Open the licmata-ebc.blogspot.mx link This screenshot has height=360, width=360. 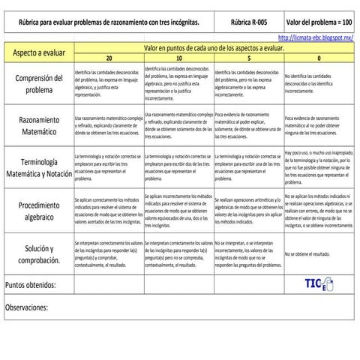(x=317, y=37)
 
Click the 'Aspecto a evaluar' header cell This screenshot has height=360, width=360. (x=37, y=52)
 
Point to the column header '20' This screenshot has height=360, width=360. (x=109, y=58)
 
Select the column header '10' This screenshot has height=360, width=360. (x=179, y=58)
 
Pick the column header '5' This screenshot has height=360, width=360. (x=250, y=58)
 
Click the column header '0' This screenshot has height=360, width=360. (x=319, y=58)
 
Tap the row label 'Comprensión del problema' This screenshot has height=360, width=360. (x=37, y=84)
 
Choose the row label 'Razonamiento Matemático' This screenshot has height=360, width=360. (x=37, y=124)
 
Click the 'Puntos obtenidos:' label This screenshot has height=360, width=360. (x=30, y=286)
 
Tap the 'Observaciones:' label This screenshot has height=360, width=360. (x=27, y=307)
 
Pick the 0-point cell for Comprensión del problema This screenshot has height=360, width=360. (x=319, y=84)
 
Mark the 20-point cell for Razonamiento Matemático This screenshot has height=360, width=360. (x=109, y=125)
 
